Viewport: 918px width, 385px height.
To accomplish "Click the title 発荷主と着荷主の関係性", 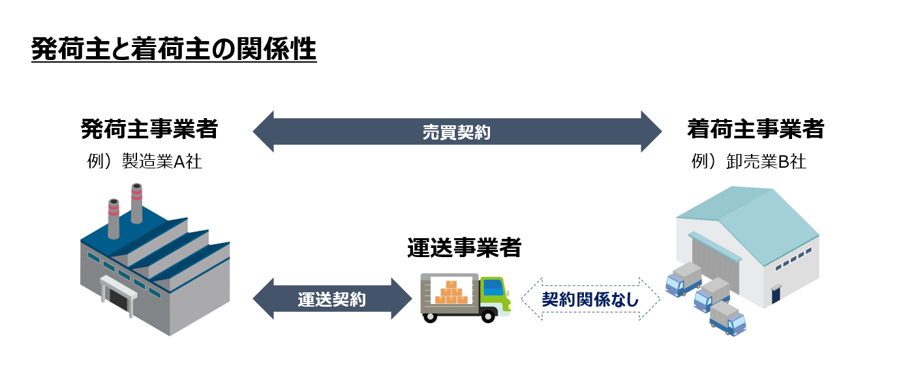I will pyautogui.click(x=174, y=50).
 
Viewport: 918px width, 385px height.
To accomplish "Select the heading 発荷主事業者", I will pyautogui.click(x=149, y=129).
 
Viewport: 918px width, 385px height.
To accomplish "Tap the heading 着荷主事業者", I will pyautogui.click(x=755, y=129).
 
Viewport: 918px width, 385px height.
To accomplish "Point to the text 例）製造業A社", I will pyautogui.click(x=145, y=162).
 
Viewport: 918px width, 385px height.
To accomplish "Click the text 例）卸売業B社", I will pyautogui.click(x=749, y=162).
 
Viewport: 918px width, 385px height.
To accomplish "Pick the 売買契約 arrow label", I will pyautogui.click(x=457, y=132).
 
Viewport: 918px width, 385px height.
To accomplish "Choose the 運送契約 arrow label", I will pyautogui.click(x=331, y=299).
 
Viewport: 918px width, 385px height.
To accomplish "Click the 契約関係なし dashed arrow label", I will pyautogui.click(x=590, y=299).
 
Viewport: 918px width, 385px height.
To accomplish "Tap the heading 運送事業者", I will pyautogui.click(x=464, y=247).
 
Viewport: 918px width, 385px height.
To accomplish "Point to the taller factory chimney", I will pyautogui.click(x=136, y=202).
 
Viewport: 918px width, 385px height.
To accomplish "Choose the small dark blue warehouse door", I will pyautogui.click(x=775, y=294).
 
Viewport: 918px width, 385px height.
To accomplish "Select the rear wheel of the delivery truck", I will pyautogui.click(x=430, y=316).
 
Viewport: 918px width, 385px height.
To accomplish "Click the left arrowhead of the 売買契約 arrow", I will pyautogui.click(x=262, y=132).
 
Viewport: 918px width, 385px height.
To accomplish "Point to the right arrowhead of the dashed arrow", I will pyautogui.click(x=652, y=299).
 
